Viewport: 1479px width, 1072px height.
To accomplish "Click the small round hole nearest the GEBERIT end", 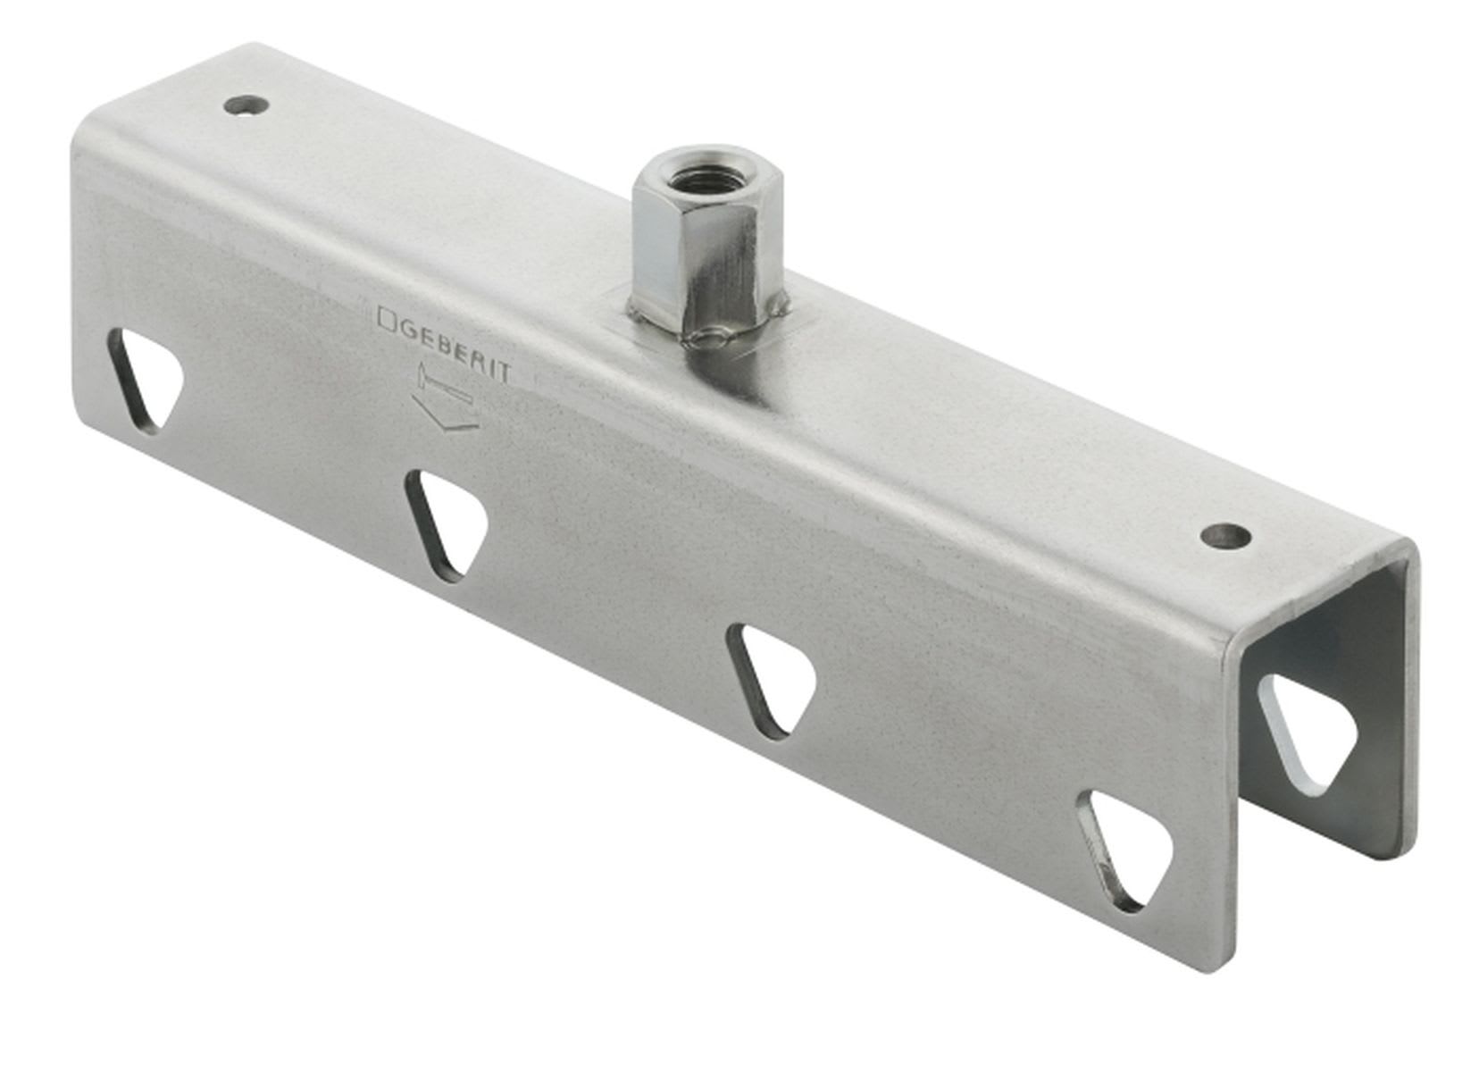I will point(246,105).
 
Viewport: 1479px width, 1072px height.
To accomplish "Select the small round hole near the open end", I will point(1224,536).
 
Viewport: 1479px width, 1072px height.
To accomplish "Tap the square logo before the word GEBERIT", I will point(388,319).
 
